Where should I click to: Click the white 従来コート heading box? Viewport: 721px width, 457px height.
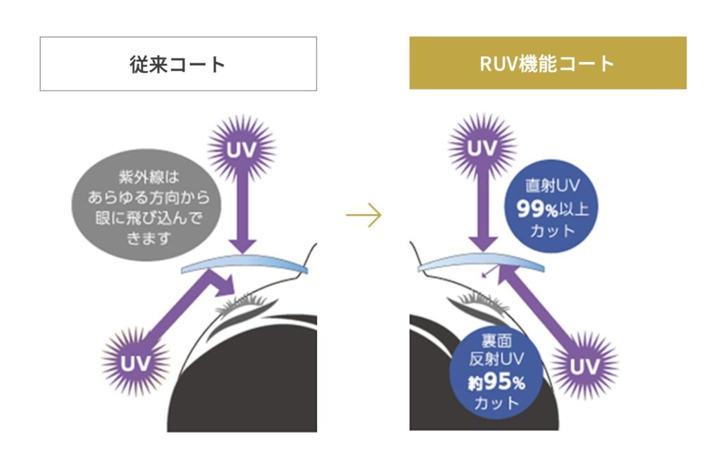(178, 64)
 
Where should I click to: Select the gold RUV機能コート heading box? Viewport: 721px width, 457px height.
(548, 63)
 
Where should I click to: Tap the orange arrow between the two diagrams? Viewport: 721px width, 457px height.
(363, 215)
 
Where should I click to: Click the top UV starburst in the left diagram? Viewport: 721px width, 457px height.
(242, 149)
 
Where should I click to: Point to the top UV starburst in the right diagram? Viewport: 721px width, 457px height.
(482, 149)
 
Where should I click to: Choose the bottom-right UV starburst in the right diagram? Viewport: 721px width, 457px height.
(584, 365)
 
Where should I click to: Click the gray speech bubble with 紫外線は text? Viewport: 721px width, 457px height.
(146, 208)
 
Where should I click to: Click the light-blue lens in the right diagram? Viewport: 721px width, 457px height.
(480, 265)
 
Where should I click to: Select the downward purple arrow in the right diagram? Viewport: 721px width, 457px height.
(482, 215)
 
